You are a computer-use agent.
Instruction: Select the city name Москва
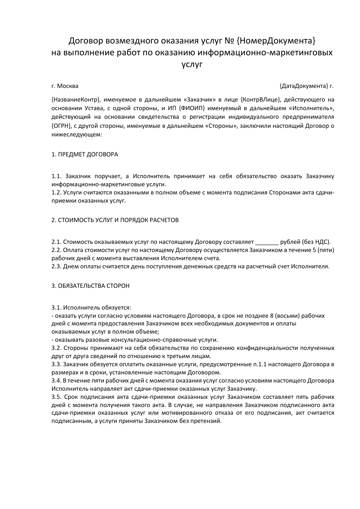[68, 86]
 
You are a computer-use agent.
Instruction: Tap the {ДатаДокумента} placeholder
[304, 86]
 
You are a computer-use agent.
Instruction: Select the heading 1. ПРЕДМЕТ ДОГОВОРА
[85, 155]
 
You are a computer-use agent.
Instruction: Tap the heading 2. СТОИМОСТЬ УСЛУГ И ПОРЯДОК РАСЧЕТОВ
[115, 220]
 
